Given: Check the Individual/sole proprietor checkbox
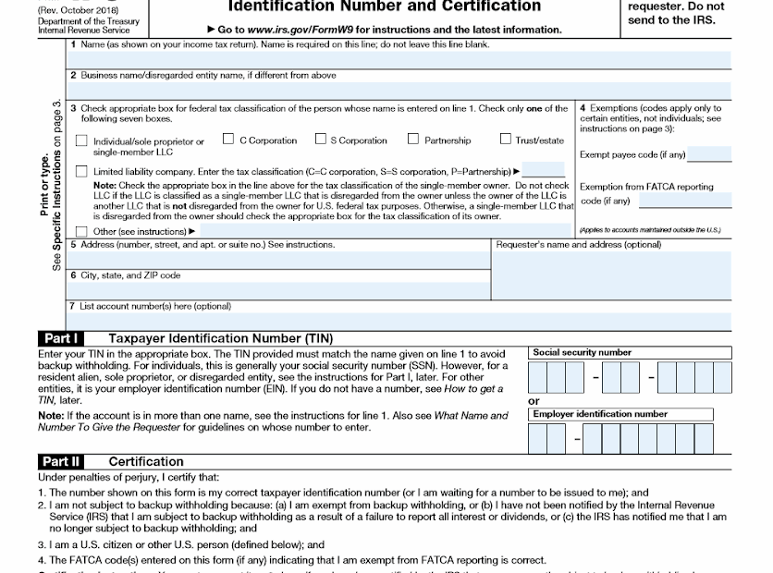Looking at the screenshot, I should pos(82,141).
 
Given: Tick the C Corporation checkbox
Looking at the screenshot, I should pos(228,140).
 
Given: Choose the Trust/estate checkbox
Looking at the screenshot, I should pos(506,140).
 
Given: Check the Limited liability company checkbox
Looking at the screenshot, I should pos(82,171).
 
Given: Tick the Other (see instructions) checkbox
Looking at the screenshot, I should pos(82,231).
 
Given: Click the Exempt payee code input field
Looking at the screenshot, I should pos(711,155).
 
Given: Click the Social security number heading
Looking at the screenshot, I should pos(583,352).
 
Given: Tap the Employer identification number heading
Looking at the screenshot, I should pos(600,414).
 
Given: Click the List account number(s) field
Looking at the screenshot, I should pos(398,317).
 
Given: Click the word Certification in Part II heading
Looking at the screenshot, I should pos(146,461).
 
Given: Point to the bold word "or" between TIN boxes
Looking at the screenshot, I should pos(534,401).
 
